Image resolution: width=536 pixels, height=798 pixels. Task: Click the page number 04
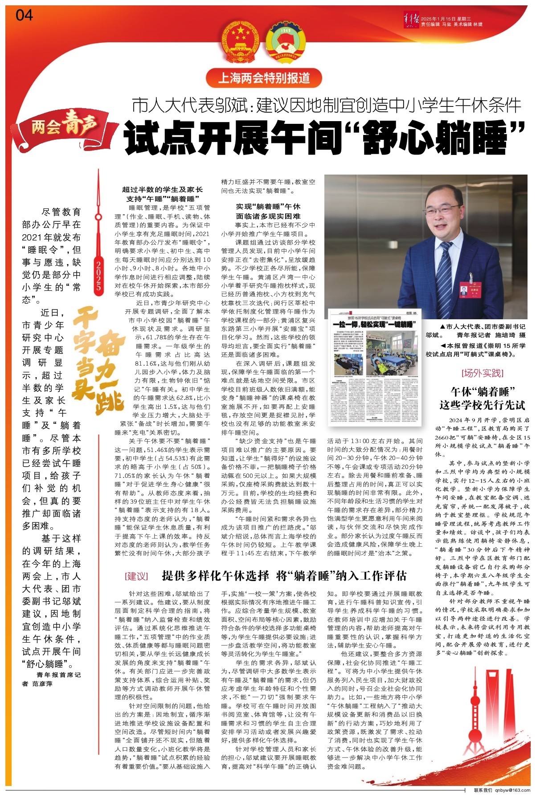[x=25, y=16]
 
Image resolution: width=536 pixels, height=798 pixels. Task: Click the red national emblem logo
[x=241, y=43]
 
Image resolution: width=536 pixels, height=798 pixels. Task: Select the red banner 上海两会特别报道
[x=264, y=78]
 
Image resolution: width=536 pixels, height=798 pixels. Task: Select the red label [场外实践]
[x=483, y=373]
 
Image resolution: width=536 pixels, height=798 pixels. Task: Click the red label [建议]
[x=136, y=576]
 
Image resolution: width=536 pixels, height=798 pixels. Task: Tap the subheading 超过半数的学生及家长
[x=162, y=190]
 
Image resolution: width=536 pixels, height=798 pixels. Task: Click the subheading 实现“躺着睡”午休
[x=268, y=207]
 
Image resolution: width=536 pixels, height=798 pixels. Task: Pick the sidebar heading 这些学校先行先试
[x=483, y=405]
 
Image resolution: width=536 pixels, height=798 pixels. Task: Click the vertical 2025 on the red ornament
[x=98, y=276]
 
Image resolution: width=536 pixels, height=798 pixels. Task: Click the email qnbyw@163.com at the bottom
[x=512, y=790]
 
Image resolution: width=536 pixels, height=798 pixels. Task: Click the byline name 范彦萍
[x=42, y=684]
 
